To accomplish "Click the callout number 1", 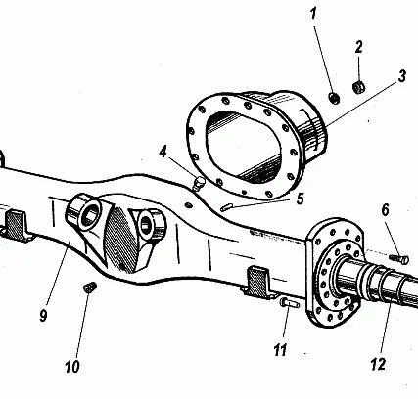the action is pos(313,14).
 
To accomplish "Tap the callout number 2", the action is pos(359,47).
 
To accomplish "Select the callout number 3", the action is pos(402,76).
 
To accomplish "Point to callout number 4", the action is pos(163,152).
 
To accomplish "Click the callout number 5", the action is pos(301,199).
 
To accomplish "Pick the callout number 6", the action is pos(386,210).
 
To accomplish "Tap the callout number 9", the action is pos(43,315).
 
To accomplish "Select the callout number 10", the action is pos(72,367).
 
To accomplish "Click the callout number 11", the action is pos(280,350).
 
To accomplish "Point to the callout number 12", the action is pos(378,364).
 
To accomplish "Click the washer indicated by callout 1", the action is pos(334,98).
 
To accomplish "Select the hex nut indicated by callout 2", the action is pos(359,87).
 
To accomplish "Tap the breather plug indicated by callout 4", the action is pos(199,183).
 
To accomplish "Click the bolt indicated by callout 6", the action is pos(398,259).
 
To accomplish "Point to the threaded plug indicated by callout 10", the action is pos(90,288).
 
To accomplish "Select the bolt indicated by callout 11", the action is pos(290,303).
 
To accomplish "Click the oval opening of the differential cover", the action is pos(244,146).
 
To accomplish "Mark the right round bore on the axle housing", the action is pos(145,225).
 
